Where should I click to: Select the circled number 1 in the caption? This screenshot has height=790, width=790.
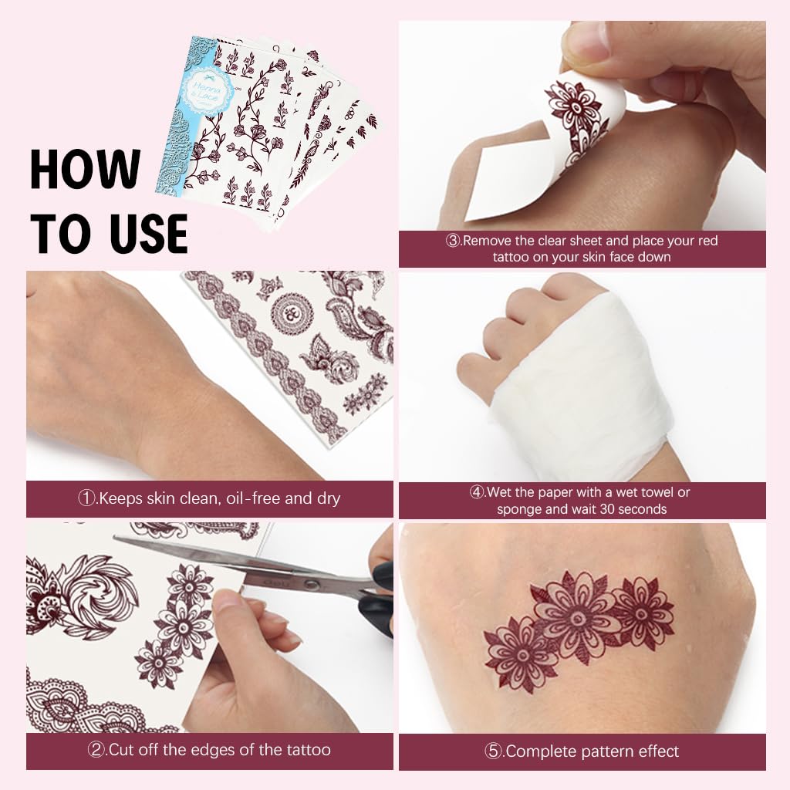(x=86, y=498)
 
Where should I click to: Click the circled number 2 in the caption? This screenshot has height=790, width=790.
(x=98, y=749)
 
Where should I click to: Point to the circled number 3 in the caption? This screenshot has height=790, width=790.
(x=454, y=241)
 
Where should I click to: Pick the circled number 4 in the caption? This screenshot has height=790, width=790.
(x=478, y=492)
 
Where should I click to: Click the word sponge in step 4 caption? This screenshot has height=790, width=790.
(x=522, y=509)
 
